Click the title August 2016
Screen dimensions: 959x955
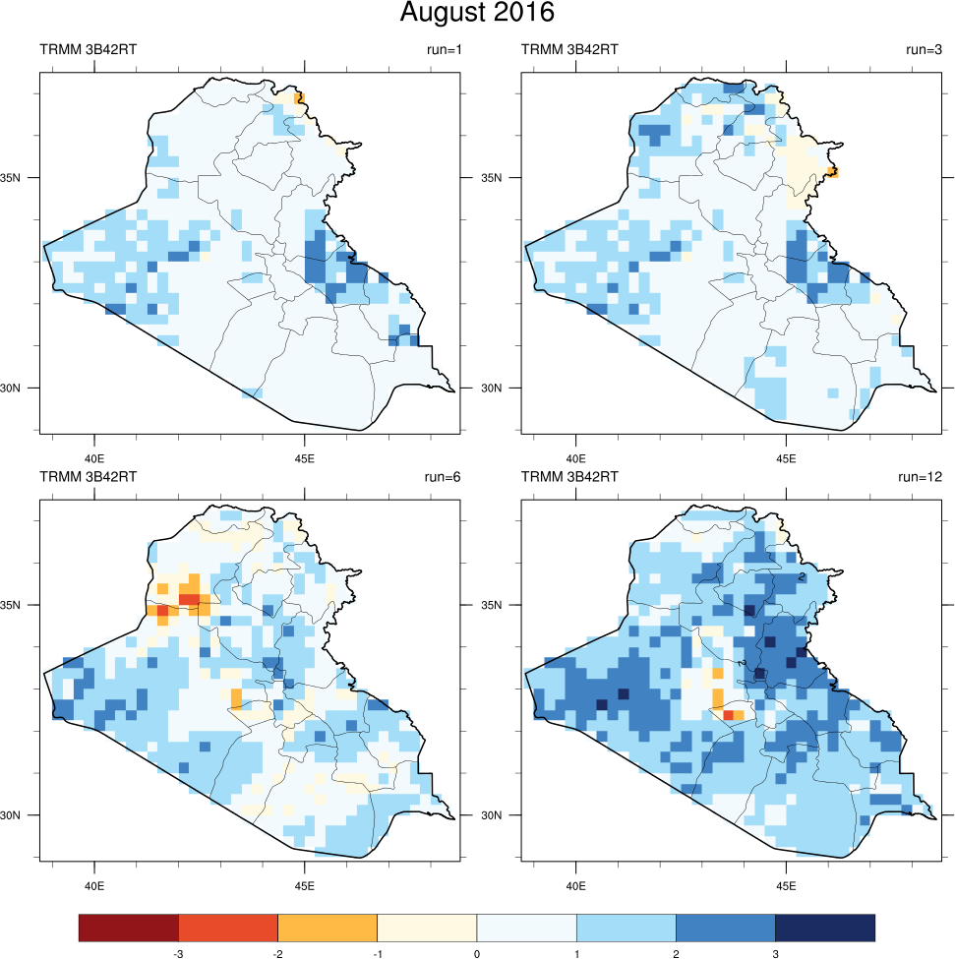click(477, 14)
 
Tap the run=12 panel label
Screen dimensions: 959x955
click(921, 477)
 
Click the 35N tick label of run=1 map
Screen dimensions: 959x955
click(23, 178)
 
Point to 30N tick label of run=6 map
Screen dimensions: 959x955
click(23, 815)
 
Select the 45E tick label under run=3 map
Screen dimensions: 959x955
click(785, 458)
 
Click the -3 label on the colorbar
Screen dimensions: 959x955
click(178, 954)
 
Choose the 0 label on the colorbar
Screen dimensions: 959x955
click(477, 954)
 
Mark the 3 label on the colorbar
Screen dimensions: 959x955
click(775, 954)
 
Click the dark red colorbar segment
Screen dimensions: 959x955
click(129, 927)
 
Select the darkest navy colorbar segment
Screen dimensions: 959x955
click(824, 927)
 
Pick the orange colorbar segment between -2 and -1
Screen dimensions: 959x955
click(328, 927)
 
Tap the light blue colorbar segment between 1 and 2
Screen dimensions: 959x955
click(626, 927)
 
